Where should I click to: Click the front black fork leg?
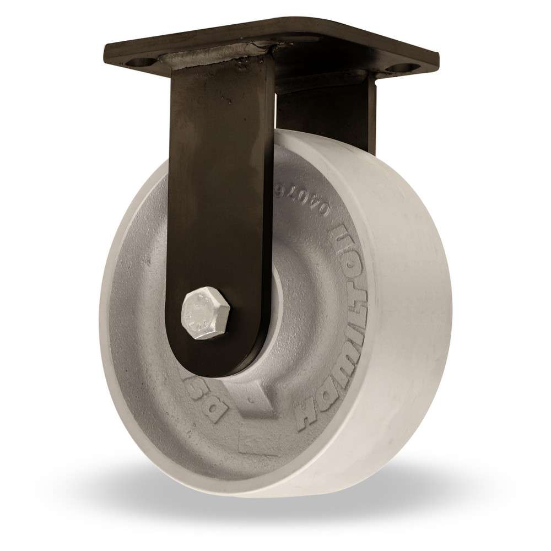220,193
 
